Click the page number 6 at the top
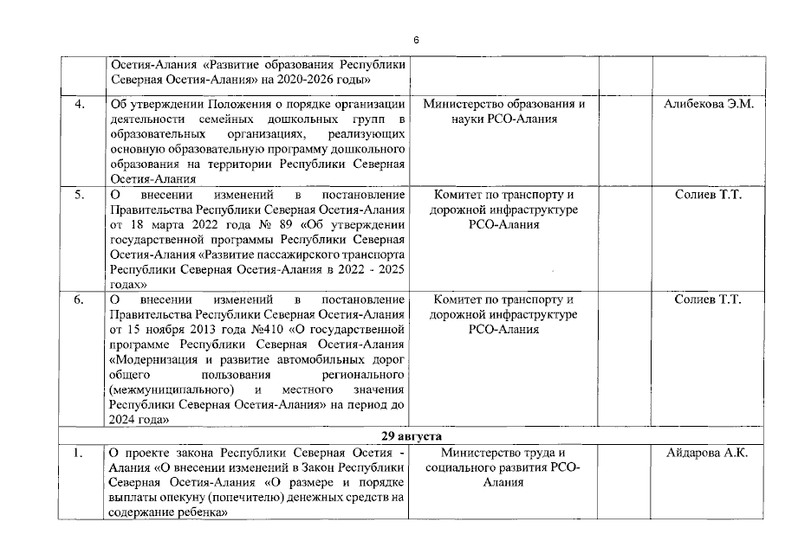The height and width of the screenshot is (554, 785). pos(415,40)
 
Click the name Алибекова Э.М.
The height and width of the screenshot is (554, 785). pos(709,105)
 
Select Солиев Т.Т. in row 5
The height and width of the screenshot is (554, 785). pos(708,195)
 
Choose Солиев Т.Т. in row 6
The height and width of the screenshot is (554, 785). pos(708,300)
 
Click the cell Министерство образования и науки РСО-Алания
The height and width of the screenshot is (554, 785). pos(504,112)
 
